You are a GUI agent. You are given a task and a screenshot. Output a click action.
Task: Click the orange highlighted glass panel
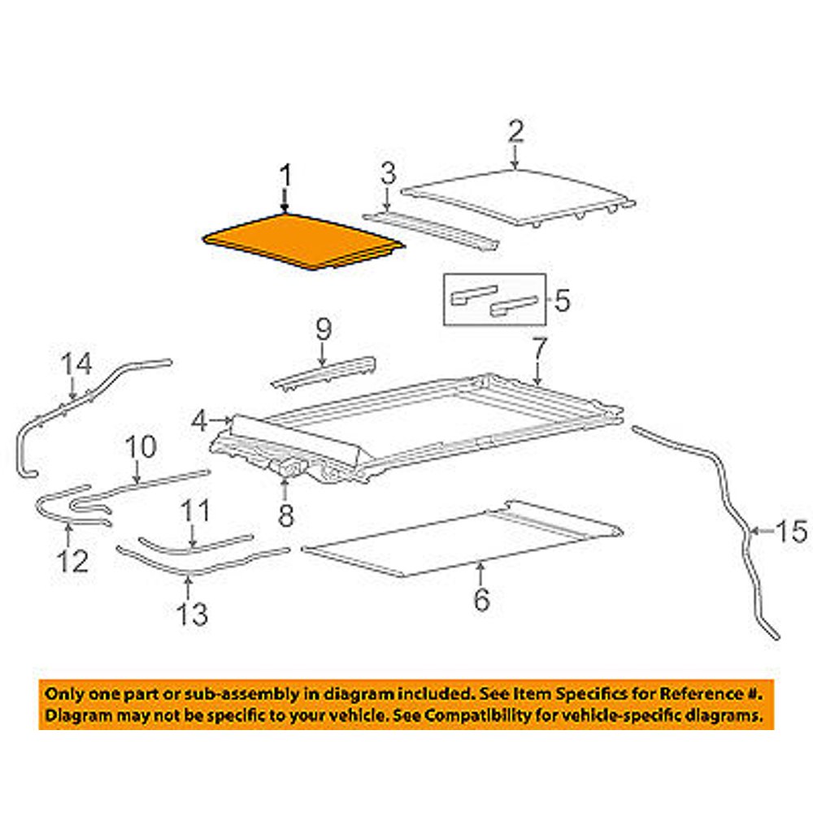[301, 241]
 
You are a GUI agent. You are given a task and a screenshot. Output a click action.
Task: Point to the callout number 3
[389, 174]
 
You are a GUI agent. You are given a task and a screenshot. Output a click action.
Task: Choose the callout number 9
[323, 330]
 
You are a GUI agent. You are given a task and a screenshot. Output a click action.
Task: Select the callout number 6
[481, 600]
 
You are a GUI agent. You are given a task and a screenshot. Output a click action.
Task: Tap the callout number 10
[138, 448]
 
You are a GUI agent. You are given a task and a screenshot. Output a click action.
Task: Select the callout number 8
[286, 515]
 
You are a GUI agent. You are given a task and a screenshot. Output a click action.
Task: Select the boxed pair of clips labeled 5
[494, 300]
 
